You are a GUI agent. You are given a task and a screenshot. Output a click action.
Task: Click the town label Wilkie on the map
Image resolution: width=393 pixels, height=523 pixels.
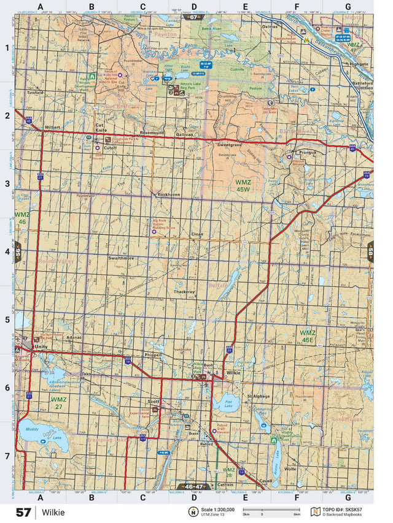233,373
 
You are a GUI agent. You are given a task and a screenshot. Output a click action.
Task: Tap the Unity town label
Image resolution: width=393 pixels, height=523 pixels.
41,347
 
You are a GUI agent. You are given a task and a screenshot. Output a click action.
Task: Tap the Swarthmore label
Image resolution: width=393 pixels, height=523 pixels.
121,258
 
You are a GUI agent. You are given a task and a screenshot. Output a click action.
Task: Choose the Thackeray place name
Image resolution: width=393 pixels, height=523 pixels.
184,292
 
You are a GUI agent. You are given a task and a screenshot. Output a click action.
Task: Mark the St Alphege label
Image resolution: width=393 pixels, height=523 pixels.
259,396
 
